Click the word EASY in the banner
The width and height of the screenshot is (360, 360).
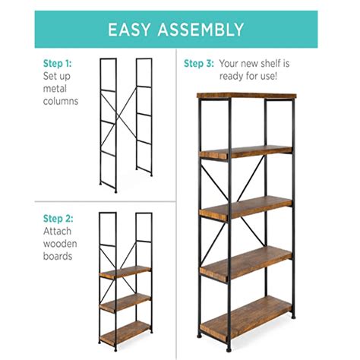[x=134, y=30]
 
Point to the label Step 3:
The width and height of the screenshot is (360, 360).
[x=199, y=63]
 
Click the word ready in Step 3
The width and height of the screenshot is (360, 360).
[x=232, y=76]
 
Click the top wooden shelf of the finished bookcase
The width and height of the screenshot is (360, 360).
[x=245, y=97]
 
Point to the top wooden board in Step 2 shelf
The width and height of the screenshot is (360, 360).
[x=125, y=271]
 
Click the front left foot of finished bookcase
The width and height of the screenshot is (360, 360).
[x=201, y=334]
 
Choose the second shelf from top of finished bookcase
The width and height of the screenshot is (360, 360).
[x=245, y=152]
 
